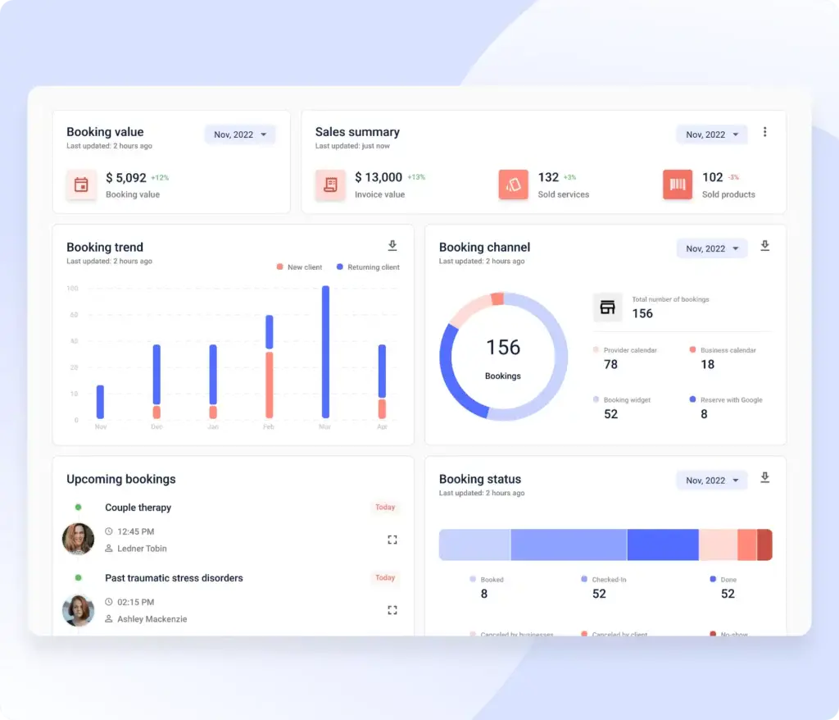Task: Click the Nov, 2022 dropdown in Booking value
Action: [240, 134]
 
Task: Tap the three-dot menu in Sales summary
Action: [765, 132]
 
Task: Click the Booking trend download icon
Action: [392, 246]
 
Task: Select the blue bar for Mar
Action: [325, 352]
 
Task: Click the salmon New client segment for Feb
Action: [269, 385]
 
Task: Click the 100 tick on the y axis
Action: [72, 289]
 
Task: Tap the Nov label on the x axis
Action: [101, 427]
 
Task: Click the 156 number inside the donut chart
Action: [503, 348]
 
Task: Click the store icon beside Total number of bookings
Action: [607, 308]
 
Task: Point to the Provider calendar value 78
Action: [610, 365]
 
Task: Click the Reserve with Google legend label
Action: [731, 400]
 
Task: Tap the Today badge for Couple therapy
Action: [385, 508]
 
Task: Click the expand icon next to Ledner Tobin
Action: [392, 540]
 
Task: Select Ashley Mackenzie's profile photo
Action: [79, 610]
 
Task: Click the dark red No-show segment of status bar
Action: [764, 545]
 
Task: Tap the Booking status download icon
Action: [765, 477]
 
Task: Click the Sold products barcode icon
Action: [678, 185]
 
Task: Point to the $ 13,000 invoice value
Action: [379, 177]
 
